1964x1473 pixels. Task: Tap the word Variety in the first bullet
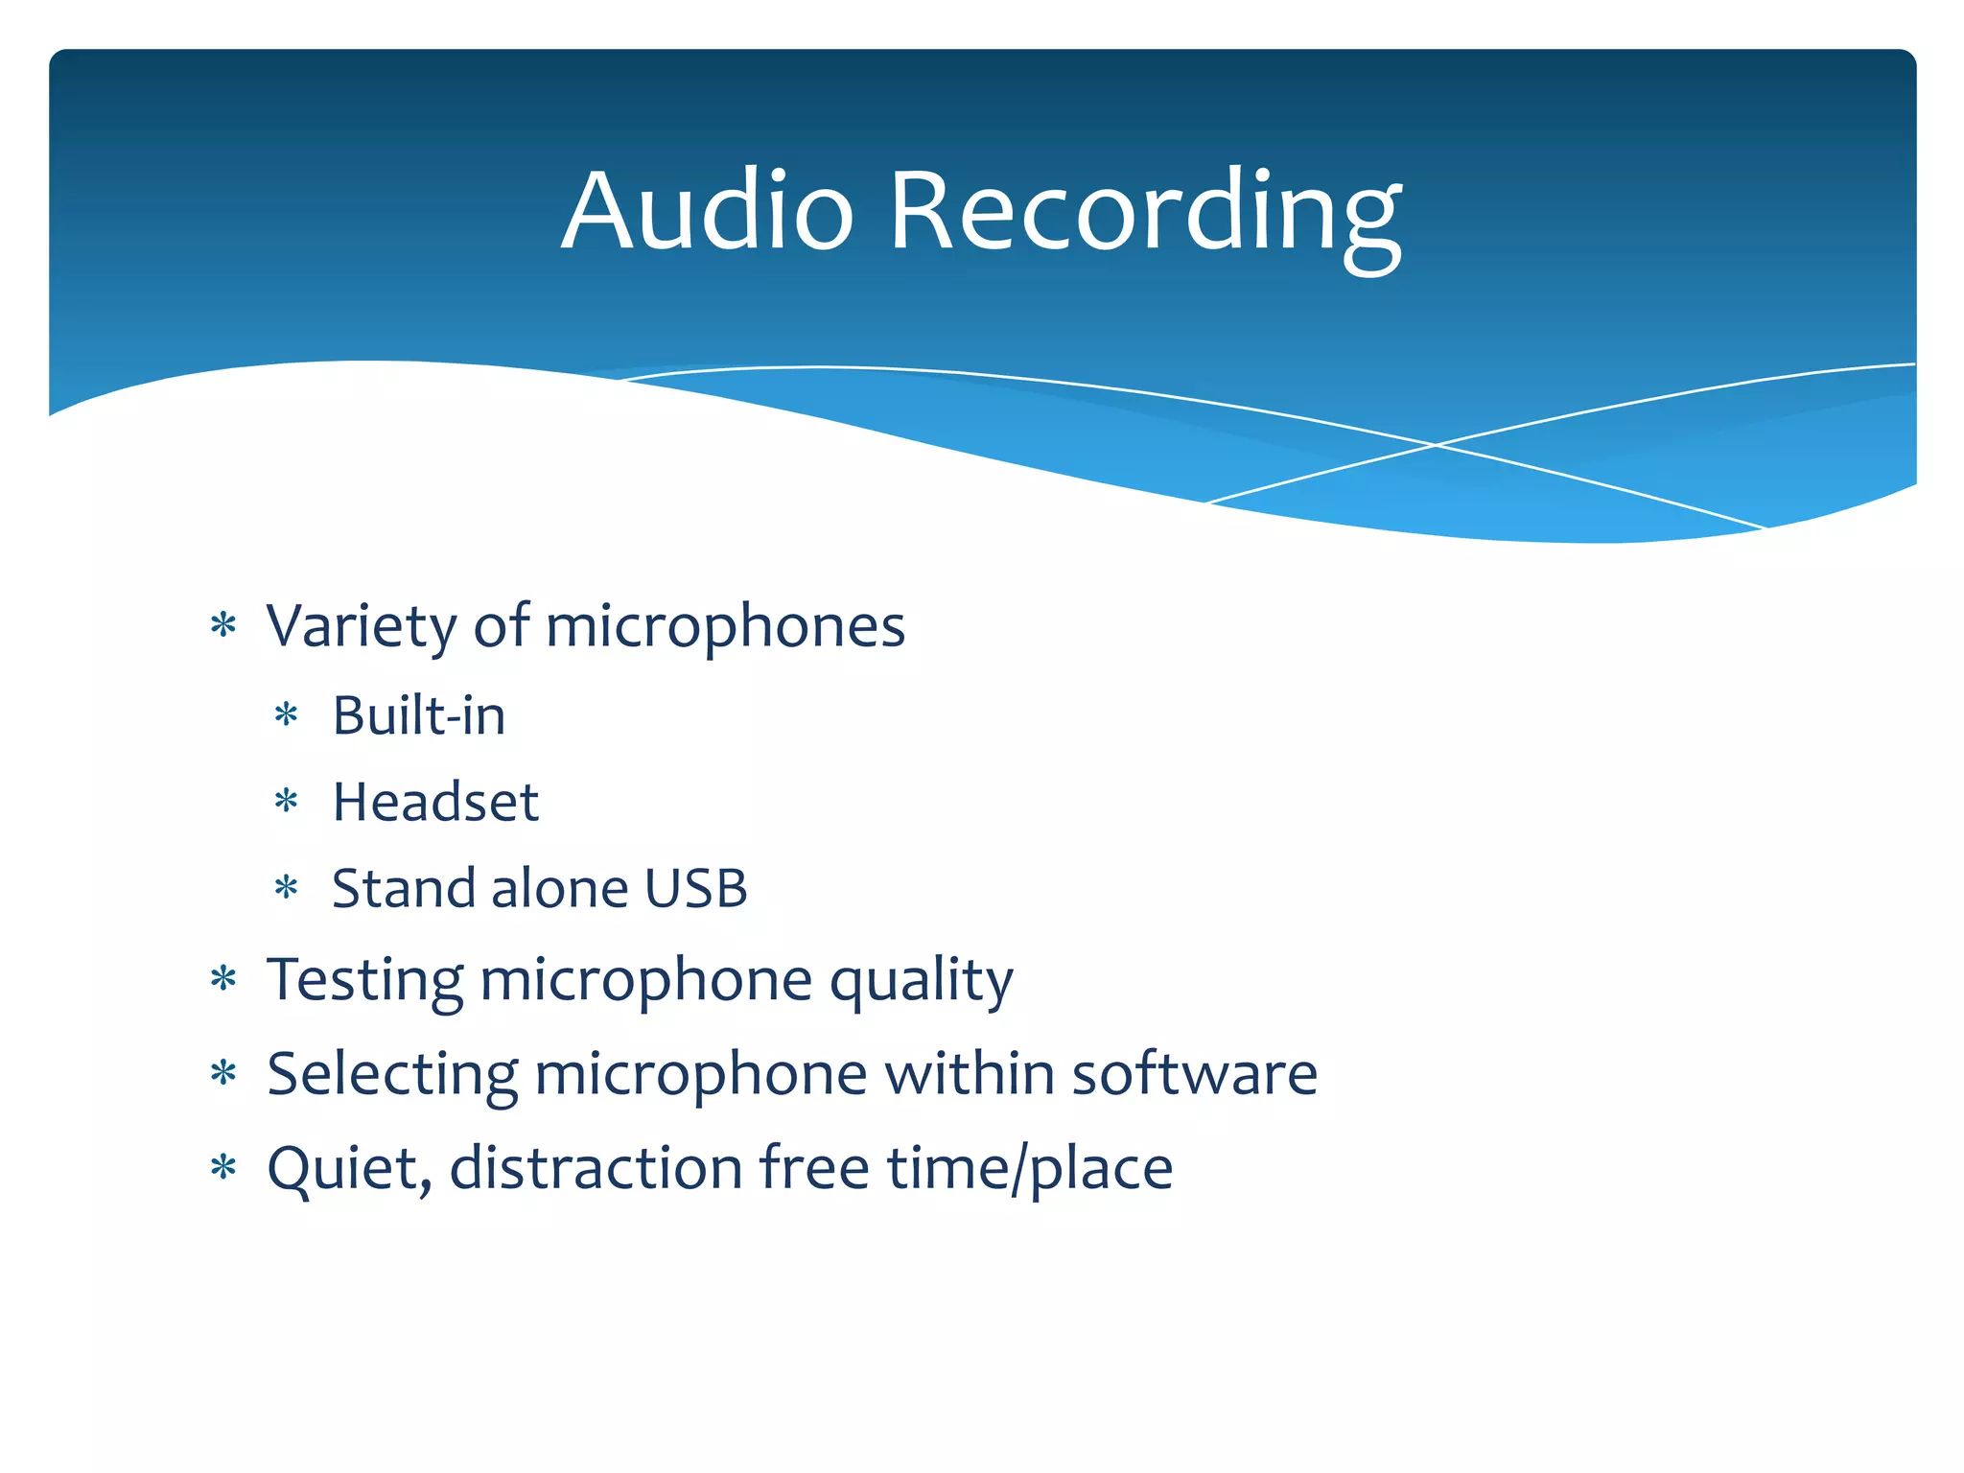362,626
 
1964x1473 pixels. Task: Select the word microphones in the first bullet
725,626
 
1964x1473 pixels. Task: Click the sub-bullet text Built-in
419,715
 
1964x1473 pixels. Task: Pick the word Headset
435,802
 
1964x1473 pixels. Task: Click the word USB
695,888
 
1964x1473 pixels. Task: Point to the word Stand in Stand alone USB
404,888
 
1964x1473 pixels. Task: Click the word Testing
363,980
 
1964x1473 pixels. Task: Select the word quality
921,980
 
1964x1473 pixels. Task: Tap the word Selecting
391,1074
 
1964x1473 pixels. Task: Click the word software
1194,1074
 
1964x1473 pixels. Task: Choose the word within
969,1074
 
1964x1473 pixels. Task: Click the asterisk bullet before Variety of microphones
223,626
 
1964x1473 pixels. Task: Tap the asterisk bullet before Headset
287,801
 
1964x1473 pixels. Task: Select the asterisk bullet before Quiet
223,1168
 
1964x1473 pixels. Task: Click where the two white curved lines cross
1435,445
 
